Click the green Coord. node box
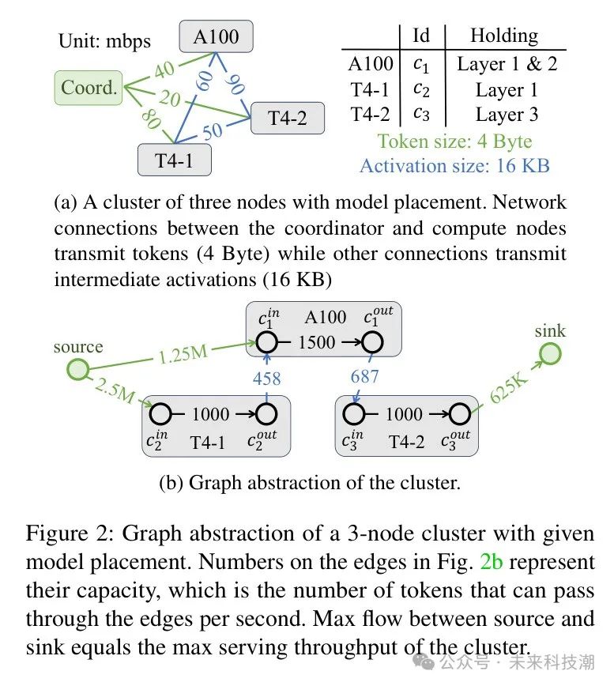[x=89, y=88]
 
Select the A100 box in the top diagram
[x=216, y=36]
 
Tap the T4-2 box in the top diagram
[x=286, y=119]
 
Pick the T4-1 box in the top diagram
[x=174, y=160]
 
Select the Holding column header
[x=503, y=36]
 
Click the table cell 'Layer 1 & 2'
[x=507, y=64]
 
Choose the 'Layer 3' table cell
[x=507, y=114]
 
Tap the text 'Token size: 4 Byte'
[x=454, y=141]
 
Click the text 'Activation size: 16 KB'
[x=454, y=165]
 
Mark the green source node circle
[x=77, y=369]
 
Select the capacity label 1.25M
[x=183, y=352]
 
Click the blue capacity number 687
[x=364, y=376]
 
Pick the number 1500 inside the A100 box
[x=317, y=342]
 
